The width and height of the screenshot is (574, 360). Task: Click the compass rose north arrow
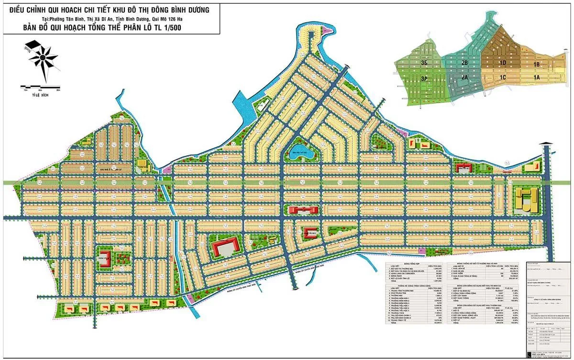43,58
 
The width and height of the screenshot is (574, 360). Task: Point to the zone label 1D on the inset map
502,63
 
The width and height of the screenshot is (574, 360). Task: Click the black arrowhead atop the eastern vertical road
546,143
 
